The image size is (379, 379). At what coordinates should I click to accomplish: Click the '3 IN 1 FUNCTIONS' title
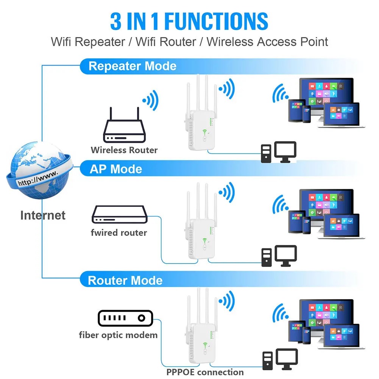point(189,21)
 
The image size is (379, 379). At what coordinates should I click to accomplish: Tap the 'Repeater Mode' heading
point(132,66)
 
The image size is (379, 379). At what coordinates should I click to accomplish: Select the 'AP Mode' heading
point(115,169)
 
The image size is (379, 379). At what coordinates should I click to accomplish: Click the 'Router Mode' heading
point(125,281)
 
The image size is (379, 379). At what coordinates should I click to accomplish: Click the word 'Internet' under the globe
point(43,215)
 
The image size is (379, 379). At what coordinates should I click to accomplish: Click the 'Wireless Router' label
point(124,150)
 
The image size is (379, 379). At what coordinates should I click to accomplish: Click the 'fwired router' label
point(119,232)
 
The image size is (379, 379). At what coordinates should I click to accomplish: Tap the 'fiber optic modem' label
point(118,335)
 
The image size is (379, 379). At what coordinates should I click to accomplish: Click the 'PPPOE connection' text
point(205,372)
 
